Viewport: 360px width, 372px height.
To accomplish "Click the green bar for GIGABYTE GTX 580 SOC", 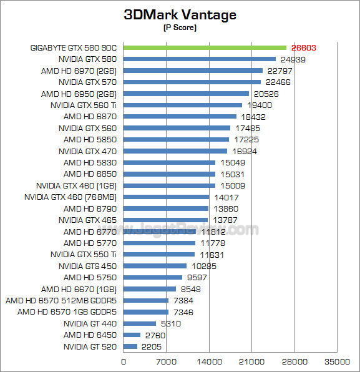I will (205, 47).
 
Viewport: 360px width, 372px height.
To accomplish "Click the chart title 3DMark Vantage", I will (180, 15).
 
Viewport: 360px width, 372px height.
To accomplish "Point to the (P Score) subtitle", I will (180, 28).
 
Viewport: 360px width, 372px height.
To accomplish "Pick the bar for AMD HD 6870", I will (180, 116).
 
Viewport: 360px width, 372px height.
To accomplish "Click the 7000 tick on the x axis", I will (166, 361).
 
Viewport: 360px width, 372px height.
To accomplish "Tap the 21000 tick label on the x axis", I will (251, 361).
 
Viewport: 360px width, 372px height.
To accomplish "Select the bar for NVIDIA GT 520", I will (130, 346).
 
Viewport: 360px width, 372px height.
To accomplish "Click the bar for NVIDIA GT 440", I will (140, 323).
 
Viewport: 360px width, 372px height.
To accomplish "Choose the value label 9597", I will (198, 277).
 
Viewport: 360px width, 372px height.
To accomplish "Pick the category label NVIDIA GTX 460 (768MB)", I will (71, 197).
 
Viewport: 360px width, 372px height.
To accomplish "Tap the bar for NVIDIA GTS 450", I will (155, 266).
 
